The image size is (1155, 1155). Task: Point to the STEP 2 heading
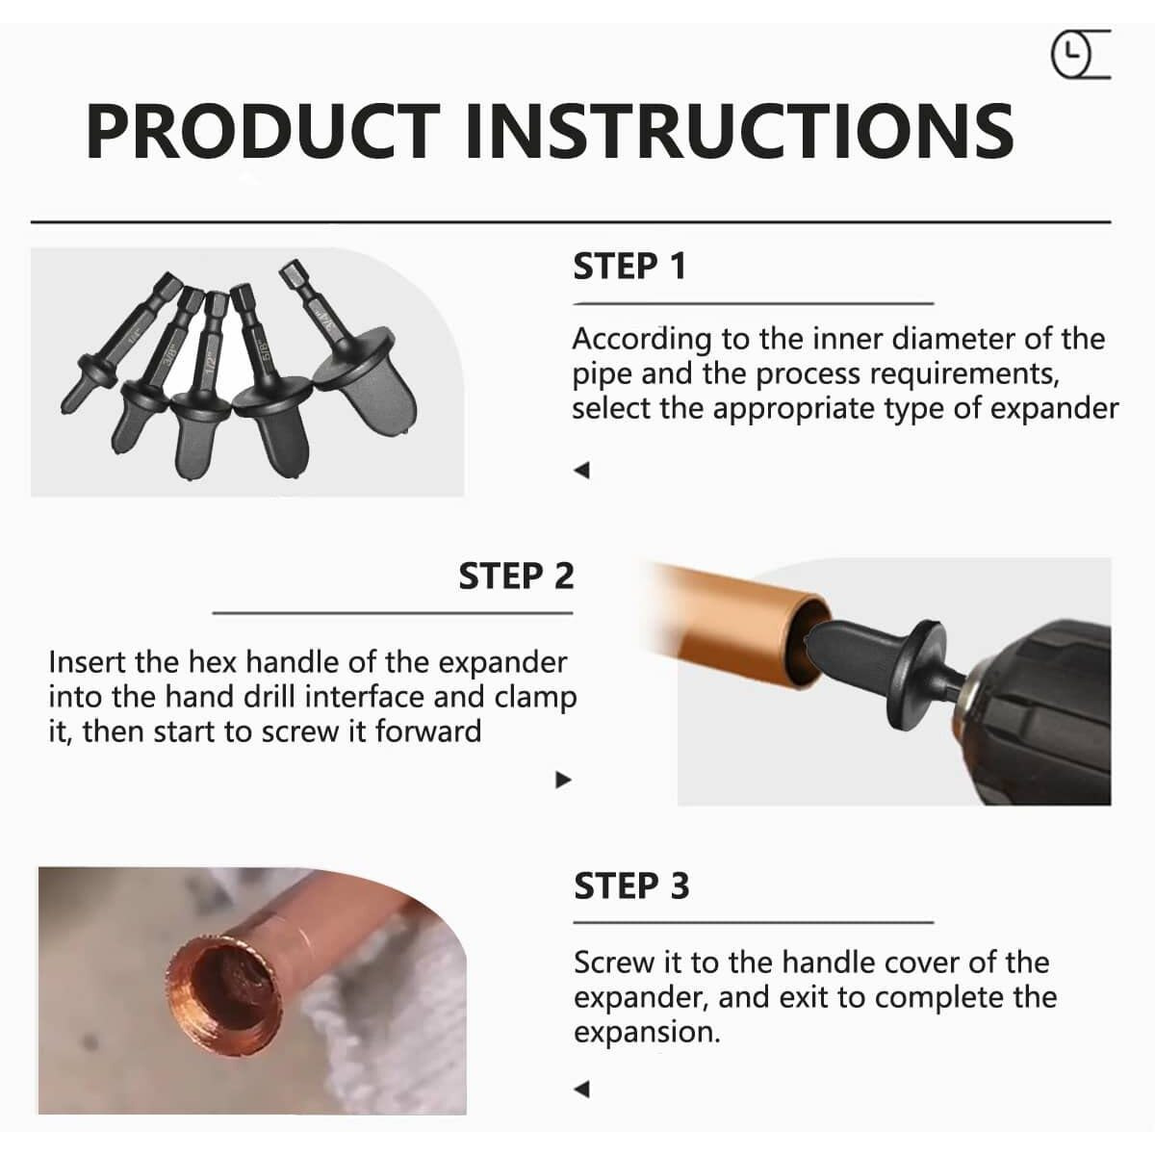click(516, 576)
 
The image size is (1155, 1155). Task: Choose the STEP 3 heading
click(631, 885)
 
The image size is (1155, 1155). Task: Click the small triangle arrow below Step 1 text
click(582, 471)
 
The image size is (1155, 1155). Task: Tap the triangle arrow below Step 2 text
click(563, 780)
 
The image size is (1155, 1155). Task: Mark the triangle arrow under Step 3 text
click(582, 1089)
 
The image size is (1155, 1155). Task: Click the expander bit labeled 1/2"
click(205, 384)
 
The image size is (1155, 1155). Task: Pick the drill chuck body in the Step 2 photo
click(1037, 713)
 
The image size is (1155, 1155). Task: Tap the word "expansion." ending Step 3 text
click(647, 1032)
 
